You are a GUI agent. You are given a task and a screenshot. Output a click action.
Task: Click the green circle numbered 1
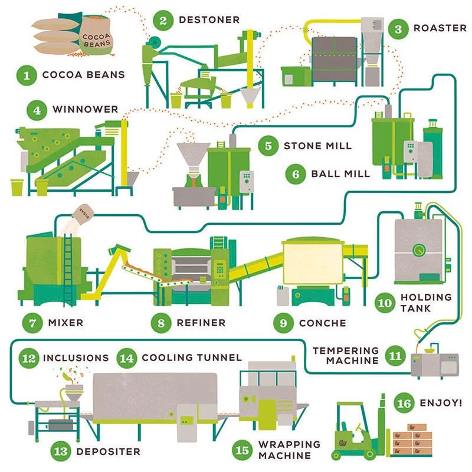coord(27,75)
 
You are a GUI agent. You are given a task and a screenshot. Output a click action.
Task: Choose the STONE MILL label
coord(317,146)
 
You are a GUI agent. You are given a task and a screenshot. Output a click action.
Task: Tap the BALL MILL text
coord(340,173)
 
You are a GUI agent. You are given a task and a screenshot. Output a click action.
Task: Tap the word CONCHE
coord(322,323)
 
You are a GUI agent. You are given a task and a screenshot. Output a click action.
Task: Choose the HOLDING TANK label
coord(425,302)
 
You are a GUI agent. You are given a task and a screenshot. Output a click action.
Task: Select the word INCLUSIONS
coord(76,358)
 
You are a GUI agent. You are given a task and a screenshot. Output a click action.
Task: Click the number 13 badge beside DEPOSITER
coord(61,451)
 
